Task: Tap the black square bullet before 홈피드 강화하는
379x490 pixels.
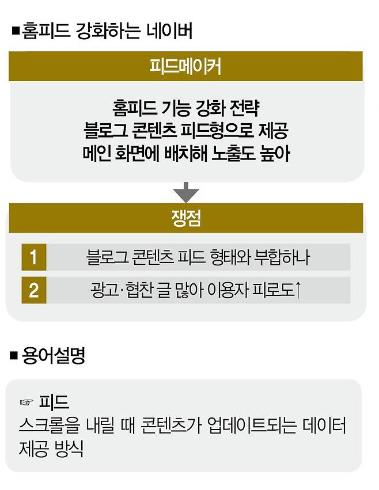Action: click(x=16, y=30)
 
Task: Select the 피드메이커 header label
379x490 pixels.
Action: click(x=185, y=66)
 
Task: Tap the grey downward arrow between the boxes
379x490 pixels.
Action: click(x=185, y=192)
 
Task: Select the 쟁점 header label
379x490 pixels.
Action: click(x=185, y=218)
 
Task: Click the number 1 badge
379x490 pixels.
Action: click(x=34, y=257)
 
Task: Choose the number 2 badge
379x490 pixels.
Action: click(x=34, y=290)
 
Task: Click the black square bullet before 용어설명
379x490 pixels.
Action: click(x=16, y=356)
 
